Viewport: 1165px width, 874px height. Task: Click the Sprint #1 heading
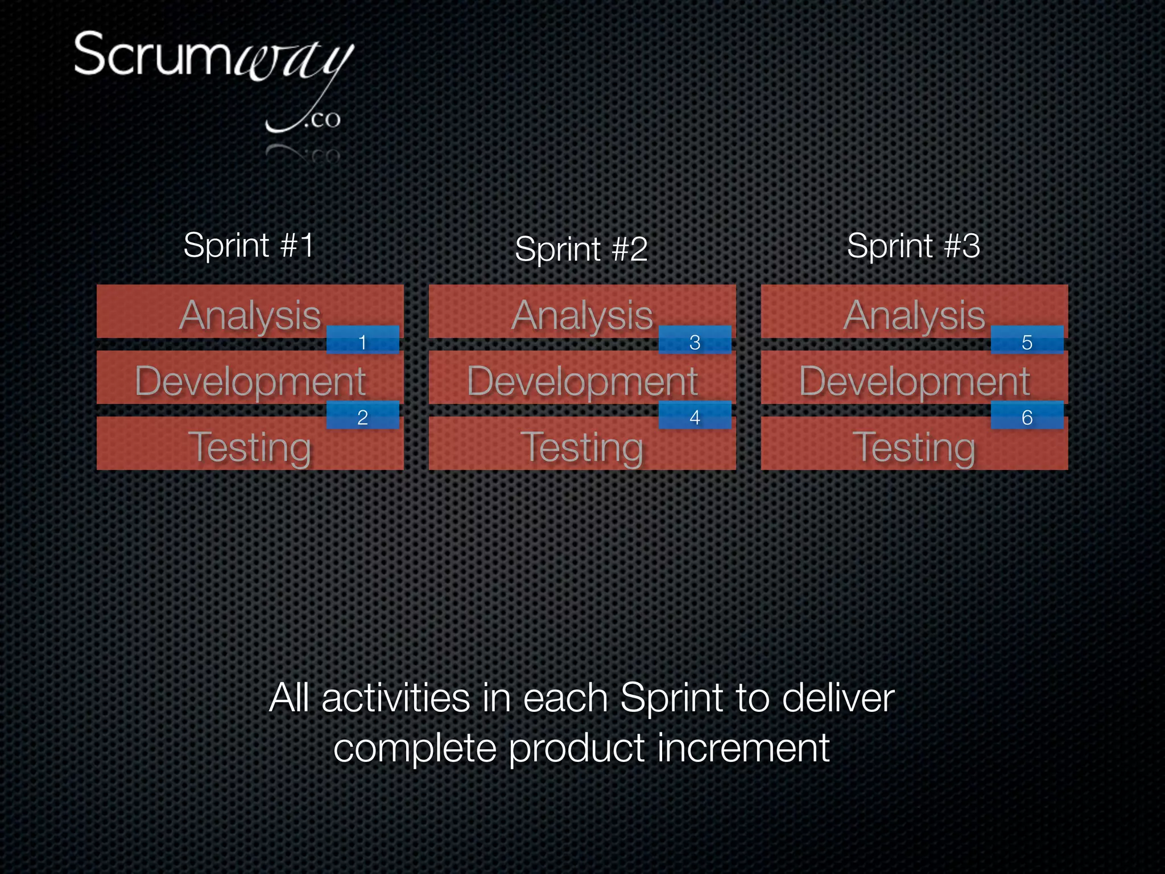point(249,245)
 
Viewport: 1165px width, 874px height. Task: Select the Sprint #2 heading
point(581,249)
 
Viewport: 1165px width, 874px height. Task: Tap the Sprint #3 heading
point(913,246)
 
